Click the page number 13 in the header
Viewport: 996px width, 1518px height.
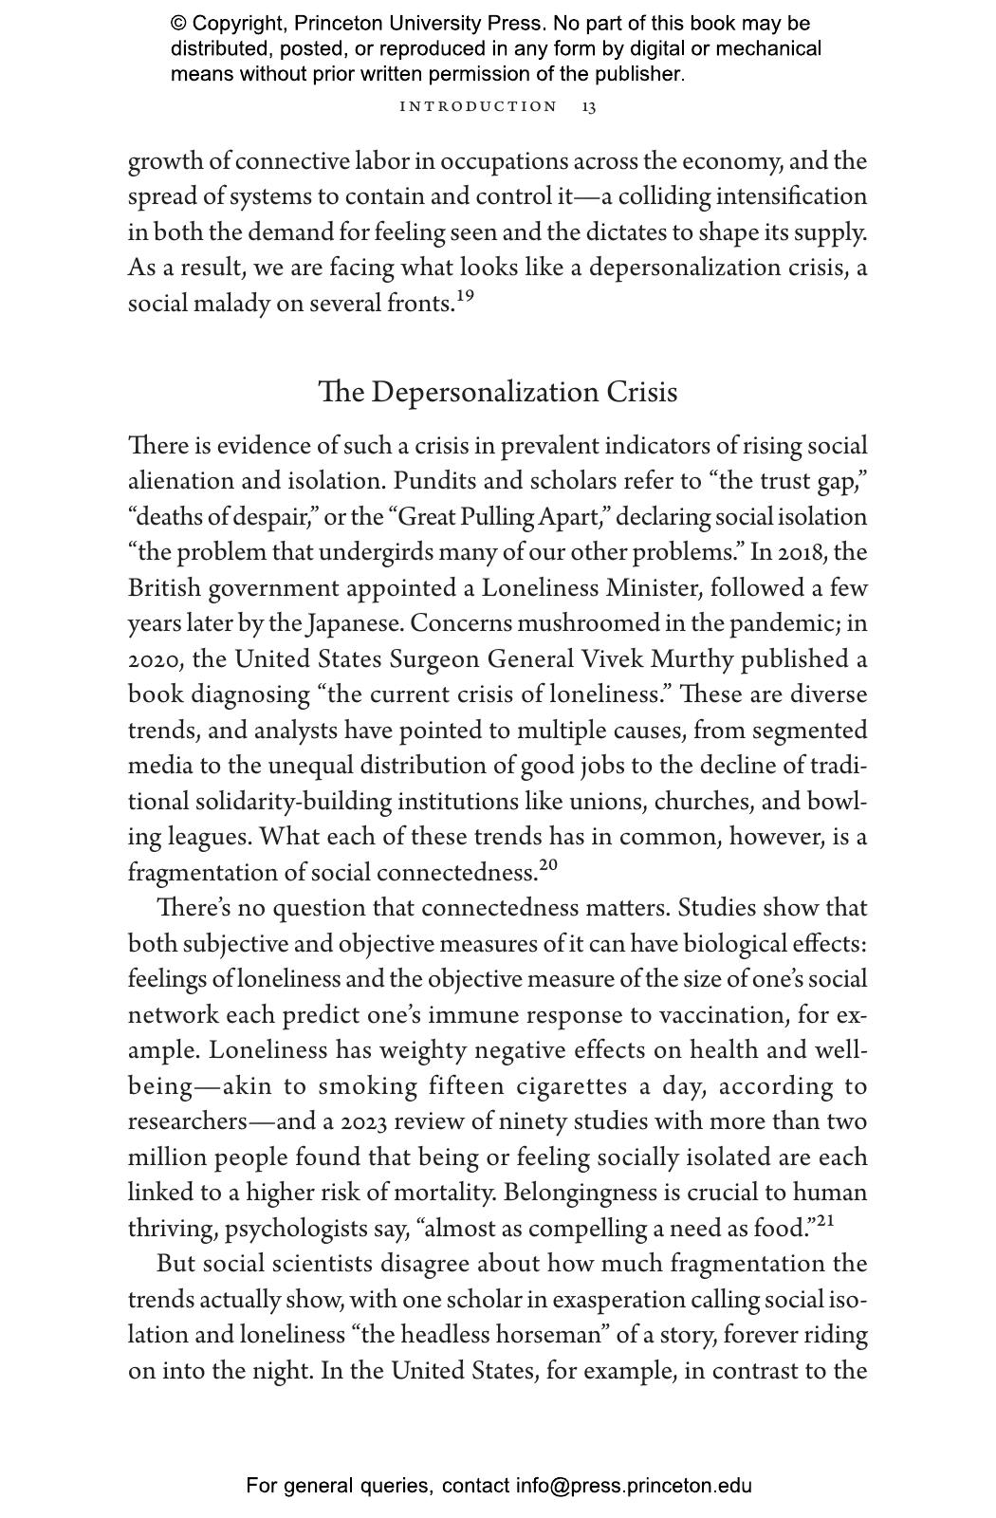(589, 106)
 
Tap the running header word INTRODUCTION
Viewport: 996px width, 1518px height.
(479, 106)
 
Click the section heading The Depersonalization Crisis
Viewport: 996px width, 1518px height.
(497, 392)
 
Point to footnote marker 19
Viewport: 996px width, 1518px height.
(465, 297)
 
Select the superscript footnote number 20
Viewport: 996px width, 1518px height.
(548, 865)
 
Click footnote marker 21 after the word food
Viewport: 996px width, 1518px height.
(825, 1221)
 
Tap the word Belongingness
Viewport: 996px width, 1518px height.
(581, 1193)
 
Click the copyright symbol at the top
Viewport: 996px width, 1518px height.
(178, 24)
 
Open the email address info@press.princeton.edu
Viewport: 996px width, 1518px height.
(634, 1486)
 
